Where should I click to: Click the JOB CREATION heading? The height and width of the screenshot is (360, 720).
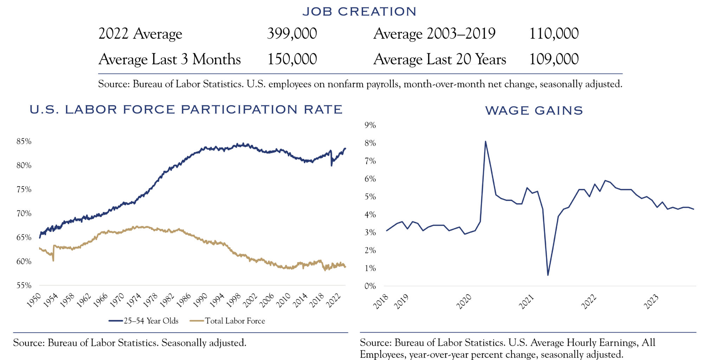[x=359, y=12]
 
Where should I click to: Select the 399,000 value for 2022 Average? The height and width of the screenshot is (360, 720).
[x=292, y=34]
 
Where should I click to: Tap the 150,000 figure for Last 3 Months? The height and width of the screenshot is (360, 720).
[x=292, y=59]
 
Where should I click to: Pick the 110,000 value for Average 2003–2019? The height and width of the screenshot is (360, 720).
[x=554, y=34]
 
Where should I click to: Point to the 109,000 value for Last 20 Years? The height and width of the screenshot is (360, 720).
[x=554, y=59]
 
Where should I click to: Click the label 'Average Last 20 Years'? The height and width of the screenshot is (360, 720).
[x=440, y=59]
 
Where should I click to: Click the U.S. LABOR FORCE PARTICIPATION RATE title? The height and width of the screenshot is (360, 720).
[x=186, y=110]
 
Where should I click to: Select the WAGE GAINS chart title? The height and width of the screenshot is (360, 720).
[x=534, y=111]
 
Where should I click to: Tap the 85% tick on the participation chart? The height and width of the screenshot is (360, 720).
[x=24, y=141]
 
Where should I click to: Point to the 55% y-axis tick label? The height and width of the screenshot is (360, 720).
[x=24, y=285]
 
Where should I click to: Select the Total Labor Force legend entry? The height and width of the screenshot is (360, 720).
[x=227, y=321]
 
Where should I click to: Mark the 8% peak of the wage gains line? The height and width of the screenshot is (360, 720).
[x=486, y=142]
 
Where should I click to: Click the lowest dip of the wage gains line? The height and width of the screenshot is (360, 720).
[x=548, y=275]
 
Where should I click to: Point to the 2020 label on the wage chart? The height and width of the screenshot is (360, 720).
[x=464, y=302]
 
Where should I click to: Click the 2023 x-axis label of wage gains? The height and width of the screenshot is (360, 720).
[x=651, y=302]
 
